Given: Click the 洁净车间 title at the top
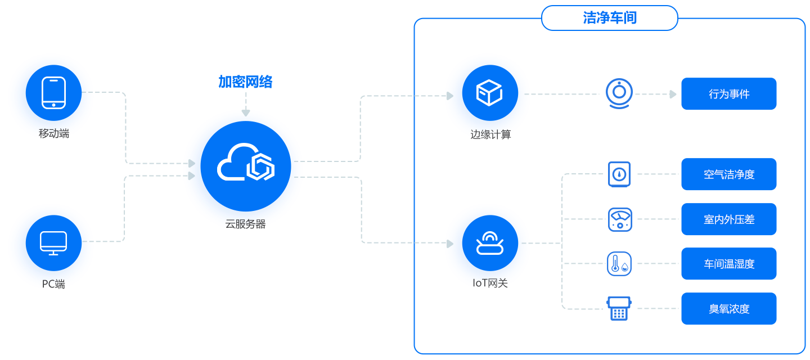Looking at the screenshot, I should pos(609,18).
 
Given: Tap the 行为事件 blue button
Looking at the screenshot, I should pos(728,94).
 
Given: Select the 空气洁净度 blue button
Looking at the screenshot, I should pos(728,174).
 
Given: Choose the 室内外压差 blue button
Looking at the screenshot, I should pos(728,219).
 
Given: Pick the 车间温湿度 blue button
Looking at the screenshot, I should pos(728,264).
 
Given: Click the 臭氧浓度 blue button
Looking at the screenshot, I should pos(728,309).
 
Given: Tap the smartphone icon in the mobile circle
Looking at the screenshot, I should pos(53,93).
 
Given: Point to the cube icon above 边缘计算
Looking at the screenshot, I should pos(489,93).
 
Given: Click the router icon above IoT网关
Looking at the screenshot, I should pos(489,243).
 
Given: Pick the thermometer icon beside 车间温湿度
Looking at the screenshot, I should pos(619,264).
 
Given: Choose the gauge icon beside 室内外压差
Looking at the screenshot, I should pos(619,219).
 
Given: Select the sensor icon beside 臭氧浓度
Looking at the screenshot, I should pos(619,309).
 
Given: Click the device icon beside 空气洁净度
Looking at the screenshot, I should pos(619,174).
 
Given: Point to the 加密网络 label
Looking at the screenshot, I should pos(245,82).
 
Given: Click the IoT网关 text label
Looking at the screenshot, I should pos(490,283).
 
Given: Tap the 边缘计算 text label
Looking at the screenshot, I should pos(490,135).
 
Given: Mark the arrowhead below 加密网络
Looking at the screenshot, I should pos(246,113).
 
